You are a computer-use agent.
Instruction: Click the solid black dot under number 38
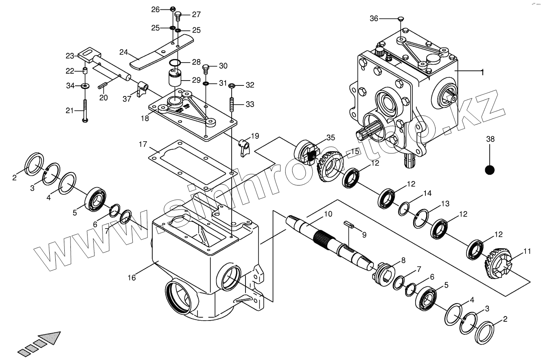(x=490, y=170)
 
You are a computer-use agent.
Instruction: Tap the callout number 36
(x=374, y=18)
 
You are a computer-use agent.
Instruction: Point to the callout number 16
(x=131, y=278)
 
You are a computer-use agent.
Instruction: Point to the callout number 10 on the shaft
(x=328, y=214)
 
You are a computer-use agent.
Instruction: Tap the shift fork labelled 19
(x=244, y=146)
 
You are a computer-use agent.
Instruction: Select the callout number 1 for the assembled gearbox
(x=482, y=72)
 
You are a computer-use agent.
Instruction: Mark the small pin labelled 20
(x=102, y=85)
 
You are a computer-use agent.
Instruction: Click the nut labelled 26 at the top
(x=172, y=9)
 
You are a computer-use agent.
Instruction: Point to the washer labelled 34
(x=85, y=86)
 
